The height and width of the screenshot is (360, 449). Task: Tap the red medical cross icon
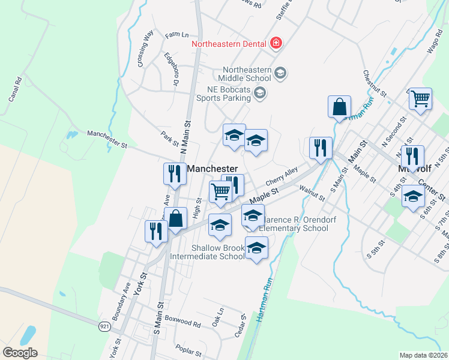[276, 43]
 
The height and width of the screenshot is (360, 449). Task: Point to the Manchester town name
[212, 169]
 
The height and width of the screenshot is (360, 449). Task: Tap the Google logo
[20, 352]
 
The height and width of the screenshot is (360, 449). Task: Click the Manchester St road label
[107, 139]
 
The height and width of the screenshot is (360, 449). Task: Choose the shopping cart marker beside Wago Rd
[421, 98]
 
